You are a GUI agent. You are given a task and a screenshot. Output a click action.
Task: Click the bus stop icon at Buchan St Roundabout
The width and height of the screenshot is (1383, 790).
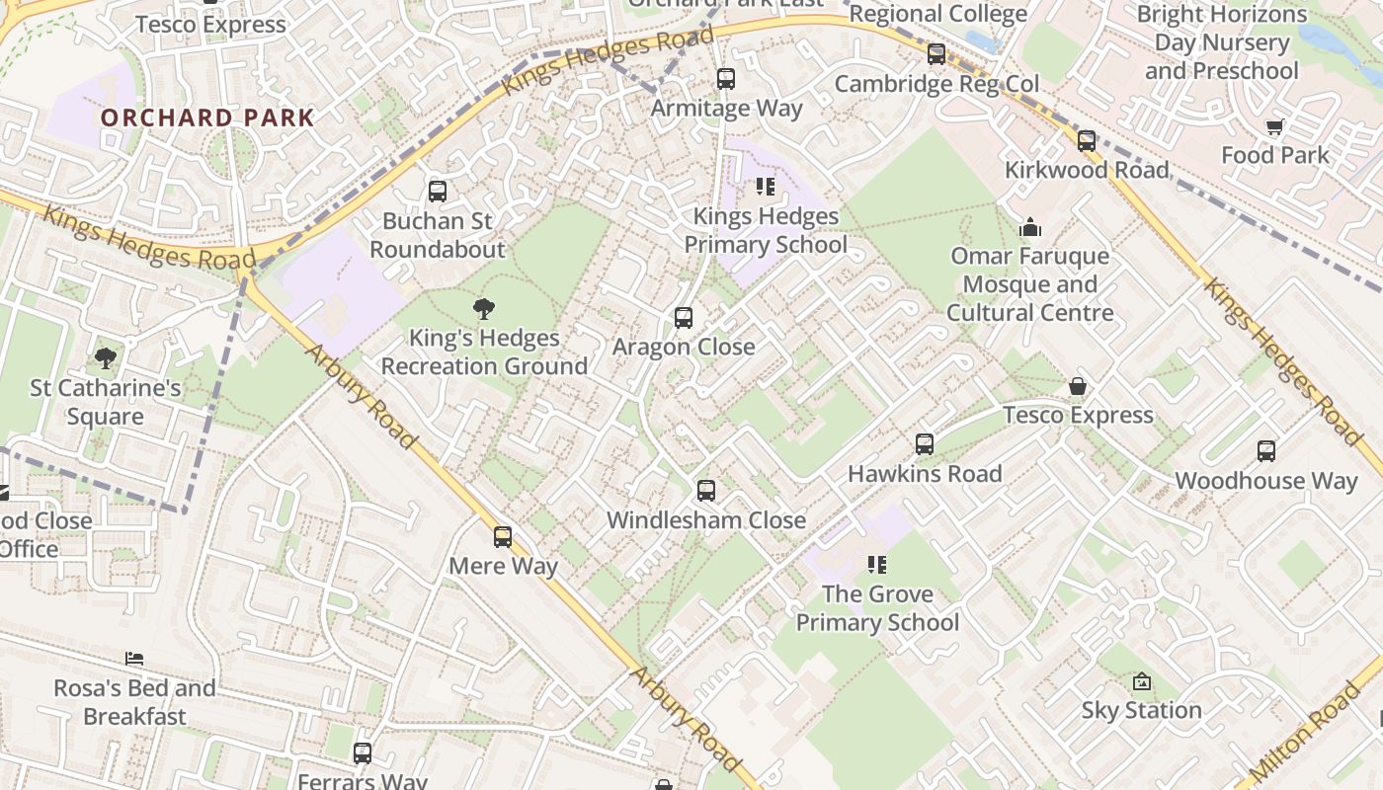pos(437,192)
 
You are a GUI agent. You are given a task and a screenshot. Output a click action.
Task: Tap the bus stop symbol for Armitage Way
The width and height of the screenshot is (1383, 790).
pos(726,79)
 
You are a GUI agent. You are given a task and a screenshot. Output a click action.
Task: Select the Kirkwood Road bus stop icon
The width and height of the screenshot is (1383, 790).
pos(1087,141)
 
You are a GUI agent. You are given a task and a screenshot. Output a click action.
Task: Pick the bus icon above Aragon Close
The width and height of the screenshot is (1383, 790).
pos(683,318)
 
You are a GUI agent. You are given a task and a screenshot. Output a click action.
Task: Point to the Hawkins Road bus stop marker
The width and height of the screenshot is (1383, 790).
pos(925,444)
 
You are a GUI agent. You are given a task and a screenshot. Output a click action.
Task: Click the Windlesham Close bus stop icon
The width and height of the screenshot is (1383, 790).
pos(705,491)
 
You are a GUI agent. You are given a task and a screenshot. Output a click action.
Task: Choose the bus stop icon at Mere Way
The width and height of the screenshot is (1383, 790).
pos(503,537)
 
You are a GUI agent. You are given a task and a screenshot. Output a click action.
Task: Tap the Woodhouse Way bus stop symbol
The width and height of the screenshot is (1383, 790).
pos(1266,451)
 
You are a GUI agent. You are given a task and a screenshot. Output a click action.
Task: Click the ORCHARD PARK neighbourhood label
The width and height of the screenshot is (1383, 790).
pos(207,118)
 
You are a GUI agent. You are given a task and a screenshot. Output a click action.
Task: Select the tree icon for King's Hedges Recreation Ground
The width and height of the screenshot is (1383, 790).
pos(483,309)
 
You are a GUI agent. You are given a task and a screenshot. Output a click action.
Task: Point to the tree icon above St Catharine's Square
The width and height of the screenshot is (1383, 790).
pos(105,358)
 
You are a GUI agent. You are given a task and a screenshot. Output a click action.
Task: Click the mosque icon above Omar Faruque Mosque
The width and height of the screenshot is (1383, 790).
pos(1030,228)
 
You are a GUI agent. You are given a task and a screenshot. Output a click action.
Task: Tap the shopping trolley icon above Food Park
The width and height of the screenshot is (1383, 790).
pos(1274,126)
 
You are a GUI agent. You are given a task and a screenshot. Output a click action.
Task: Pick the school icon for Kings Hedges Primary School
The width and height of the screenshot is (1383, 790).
pos(765,187)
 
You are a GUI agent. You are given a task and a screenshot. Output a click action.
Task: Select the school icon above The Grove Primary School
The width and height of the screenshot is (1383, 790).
pos(876,565)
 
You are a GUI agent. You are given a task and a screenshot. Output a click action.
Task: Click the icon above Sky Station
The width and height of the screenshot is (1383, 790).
pos(1142,681)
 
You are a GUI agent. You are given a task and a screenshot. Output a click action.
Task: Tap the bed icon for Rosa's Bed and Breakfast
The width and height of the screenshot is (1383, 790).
pos(134,659)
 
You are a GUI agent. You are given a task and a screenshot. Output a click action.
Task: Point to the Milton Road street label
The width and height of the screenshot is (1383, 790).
pos(1310,732)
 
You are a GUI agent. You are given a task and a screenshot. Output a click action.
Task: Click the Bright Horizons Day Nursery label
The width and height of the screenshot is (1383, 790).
pos(1222,42)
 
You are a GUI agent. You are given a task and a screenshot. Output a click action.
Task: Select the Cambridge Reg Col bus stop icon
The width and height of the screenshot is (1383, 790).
pos(936,54)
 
